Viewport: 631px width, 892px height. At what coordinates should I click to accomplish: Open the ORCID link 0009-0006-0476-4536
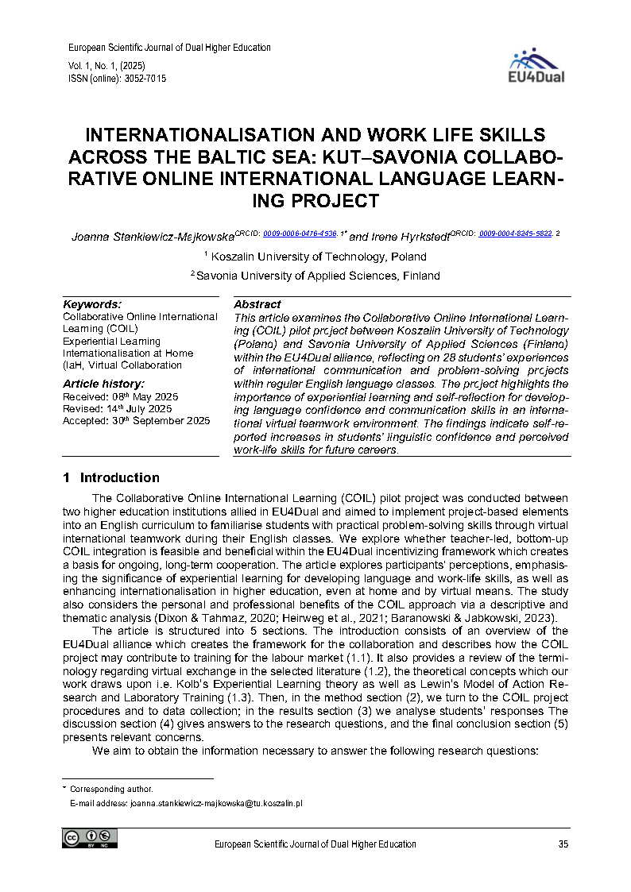(300, 234)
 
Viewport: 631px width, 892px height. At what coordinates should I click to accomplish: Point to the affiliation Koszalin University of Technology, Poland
(318, 257)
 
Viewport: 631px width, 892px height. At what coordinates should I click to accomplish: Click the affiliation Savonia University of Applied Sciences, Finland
(318, 276)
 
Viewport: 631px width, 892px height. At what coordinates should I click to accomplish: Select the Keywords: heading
(92, 304)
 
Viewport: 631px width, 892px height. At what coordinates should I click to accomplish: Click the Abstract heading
(257, 304)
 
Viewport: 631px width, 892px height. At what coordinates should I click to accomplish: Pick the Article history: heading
(103, 384)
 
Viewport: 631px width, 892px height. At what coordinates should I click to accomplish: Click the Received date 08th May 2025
(148, 396)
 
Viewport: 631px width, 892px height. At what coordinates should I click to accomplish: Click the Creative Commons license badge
(90, 839)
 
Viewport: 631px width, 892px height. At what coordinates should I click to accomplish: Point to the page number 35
(563, 844)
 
